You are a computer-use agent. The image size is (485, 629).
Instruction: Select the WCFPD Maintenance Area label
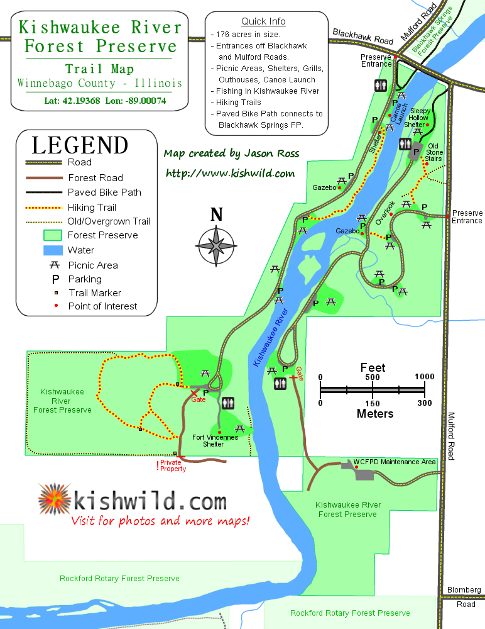[x=395, y=462]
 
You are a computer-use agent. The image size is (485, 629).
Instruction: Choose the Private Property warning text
[x=173, y=465]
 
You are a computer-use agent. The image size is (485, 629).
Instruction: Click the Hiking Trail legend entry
[x=92, y=207]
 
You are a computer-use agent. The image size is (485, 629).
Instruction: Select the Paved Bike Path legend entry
[x=104, y=192]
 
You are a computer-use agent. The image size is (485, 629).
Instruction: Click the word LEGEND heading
[x=80, y=145]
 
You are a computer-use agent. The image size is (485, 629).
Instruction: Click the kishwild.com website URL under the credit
[x=230, y=173]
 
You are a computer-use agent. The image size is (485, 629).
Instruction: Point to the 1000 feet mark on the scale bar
[x=425, y=377]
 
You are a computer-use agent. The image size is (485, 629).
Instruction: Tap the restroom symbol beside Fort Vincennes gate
[x=227, y=403]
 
